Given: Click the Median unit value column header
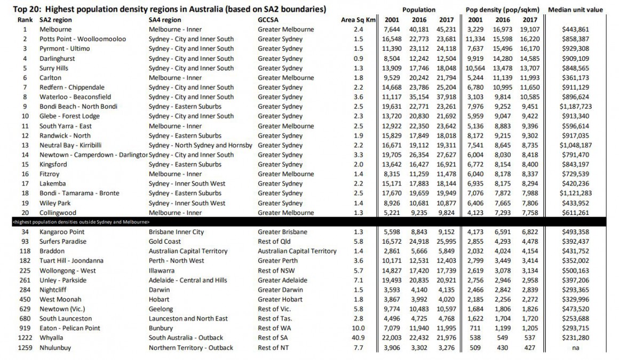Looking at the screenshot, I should pyautogui.click(x=583, y=10).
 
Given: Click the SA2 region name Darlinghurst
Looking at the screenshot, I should pyautogui.click(x=57, y=59).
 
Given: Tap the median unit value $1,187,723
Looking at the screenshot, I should pyautogui.click(x=583, y=107).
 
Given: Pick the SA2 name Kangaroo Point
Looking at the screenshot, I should pyautogui.click(x=62, y=232).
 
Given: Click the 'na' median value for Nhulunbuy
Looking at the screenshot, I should pyautogui.click(x=583, y=348).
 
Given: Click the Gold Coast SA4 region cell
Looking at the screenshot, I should pyautogui.click(x=164, y=242).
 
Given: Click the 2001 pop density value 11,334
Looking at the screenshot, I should pyautogui.click(x=475, y=39).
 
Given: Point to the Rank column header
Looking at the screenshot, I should pyautogui.click(x=25, y=20).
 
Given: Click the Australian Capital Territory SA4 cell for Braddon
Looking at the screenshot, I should pyautogui.click(x=188, y=251).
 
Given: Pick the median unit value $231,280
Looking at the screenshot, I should pyautogui.click(x=583, y=338).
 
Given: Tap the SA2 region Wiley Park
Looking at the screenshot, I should pyautogui.click(x=55, y=203).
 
